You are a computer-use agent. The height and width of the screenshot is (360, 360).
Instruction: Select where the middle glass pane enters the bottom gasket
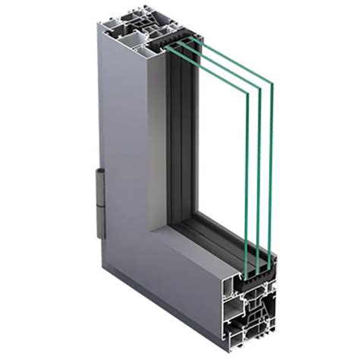tap(258, 265)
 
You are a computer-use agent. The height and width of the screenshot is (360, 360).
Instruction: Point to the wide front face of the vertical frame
tap(122, 152)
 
